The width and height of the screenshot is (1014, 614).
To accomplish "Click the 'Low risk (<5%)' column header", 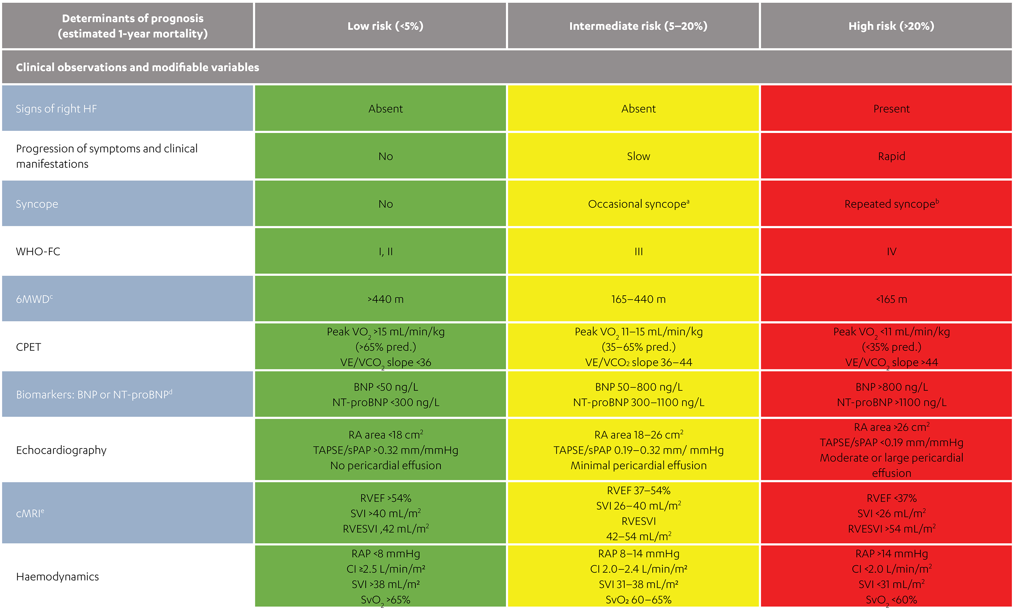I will point(385,26).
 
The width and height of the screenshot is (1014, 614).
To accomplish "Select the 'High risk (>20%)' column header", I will point(891,26).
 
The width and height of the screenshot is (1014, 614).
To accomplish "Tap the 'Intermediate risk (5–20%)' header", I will point(638,26).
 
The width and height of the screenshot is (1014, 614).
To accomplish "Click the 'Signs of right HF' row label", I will point(56,109).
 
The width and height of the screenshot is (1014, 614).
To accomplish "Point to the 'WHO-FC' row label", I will point(38,252).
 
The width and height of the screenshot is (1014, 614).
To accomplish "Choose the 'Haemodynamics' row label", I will point(57,576).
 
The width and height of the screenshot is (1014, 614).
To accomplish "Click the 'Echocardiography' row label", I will point(61,450).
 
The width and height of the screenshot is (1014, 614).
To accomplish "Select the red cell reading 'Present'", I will point(891,109).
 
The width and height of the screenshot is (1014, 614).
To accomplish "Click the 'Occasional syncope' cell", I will point(638,204).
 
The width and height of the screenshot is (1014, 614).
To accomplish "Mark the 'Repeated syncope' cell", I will point(891,204).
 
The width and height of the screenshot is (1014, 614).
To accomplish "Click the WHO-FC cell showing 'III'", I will point(638,252).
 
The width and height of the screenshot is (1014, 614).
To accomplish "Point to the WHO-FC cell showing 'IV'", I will point(891,252).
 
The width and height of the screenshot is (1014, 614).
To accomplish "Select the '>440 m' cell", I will point(385,299).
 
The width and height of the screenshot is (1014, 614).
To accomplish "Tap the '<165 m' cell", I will point(891,299).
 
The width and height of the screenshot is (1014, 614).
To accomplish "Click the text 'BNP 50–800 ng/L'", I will point(638,387).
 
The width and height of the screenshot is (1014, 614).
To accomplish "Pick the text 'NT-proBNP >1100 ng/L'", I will point(891,402).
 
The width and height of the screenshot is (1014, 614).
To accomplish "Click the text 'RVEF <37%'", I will point(891,498).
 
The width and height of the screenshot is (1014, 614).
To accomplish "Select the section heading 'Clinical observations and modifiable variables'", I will point(138,67).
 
